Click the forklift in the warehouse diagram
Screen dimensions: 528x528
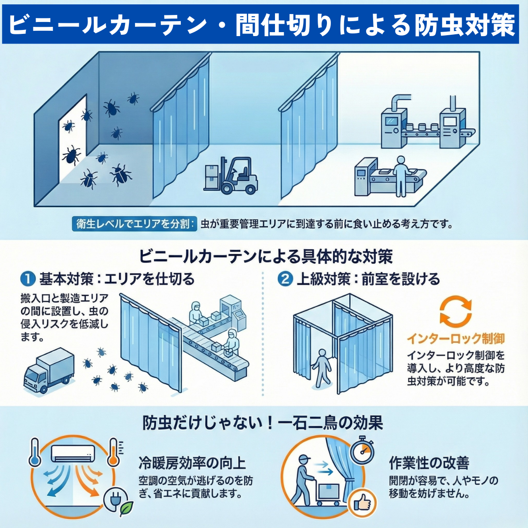[x=231, y=176]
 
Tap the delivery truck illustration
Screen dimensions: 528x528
[x=48, y=370]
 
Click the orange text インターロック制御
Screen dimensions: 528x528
[x=455, y=338]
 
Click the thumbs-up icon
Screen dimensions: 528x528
[x=362, y=502]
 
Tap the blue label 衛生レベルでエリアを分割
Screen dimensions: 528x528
[x=135, y=224]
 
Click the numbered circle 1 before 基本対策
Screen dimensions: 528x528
[x=28, y=279]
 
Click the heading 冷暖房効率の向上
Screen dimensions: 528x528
[x=192, y=462]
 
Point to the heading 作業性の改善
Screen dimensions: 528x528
[x=429, y=462]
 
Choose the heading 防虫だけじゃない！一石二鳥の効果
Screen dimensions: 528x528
[x=263, y=423]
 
